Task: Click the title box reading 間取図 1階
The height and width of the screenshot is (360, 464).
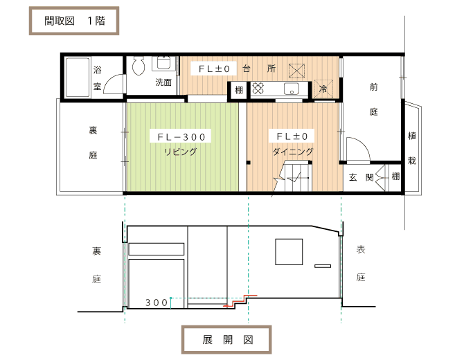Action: tap(74, 21)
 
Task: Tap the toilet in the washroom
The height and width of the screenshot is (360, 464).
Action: tap(138, 65)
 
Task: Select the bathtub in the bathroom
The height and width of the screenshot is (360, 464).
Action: tap(78, 78)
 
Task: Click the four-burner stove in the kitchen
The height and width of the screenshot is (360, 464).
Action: tap(258, 88)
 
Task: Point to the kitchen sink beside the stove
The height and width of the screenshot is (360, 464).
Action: tap(292, 89)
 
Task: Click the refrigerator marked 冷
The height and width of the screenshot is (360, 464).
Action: tap(323, 89)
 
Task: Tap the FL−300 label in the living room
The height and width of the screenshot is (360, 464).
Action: tap(181, 136)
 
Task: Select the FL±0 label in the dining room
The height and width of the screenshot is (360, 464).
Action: tap(292, 136)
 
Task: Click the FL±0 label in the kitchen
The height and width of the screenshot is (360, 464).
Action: tap(214, 69)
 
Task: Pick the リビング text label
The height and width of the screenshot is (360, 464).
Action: tap(180, 152)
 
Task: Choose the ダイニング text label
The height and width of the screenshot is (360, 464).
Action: tap(293, 152)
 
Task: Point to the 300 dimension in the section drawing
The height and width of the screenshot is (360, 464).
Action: tap(157, 303)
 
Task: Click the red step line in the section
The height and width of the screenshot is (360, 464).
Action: tap(240, 300)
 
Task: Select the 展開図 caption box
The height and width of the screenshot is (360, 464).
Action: tap(226, 340)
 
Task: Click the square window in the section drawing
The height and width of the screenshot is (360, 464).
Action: tap(289, 252)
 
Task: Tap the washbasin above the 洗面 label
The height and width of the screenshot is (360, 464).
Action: tap(163, 63)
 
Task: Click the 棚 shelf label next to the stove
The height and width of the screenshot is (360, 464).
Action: tap(239, 89)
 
